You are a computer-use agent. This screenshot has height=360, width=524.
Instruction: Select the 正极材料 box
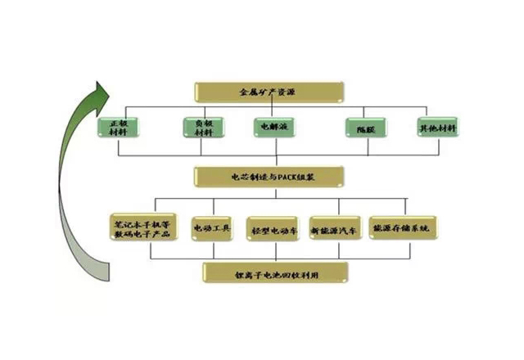(120, 128)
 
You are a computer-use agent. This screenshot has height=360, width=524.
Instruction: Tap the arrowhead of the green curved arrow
(102, 92)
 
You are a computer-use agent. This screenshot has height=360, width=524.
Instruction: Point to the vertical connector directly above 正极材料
(120, 112)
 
